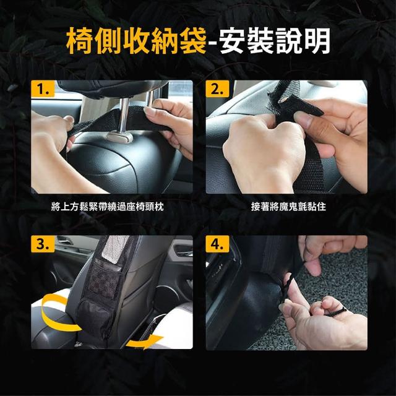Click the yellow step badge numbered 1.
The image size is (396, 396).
[x=43, y=88]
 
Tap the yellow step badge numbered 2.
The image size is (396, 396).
[x=217, y=88]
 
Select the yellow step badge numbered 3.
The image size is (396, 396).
[x=43, y=244]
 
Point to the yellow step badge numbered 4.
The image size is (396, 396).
[x=217, y=244]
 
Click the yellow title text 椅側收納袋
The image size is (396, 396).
[x=136, y=41]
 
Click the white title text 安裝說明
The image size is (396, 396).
[x=275, y=41]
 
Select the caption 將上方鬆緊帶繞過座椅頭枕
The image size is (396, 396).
[x=107, y=207]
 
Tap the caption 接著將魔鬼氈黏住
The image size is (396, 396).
[x=288, y=207]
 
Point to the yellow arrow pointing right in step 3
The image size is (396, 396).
[x=144, y=342]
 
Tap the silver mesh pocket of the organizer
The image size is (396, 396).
[x=115, y=249]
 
